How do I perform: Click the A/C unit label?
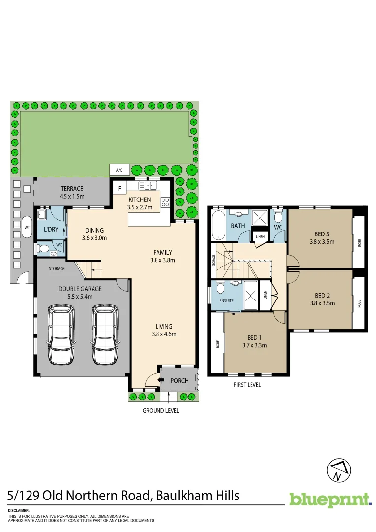click(x=119, y=170)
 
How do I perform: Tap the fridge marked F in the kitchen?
click(x=119, y=188)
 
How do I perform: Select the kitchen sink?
click(x=148, y=186)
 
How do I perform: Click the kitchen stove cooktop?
click(x=165, y=201)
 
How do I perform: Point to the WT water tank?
click(x=27, y=227)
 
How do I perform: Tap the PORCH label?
click(x=179, y=380)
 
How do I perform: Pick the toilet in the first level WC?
click(x=278, y=217)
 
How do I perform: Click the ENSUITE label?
click(x=226, y=300)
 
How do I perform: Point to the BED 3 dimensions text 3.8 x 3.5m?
click(x=322, y=242)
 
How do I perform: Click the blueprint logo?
click(x=330, y=499)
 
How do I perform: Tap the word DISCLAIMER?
click(x=19, y=511)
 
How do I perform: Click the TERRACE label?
click(x=72, y=189)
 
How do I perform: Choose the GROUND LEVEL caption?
click(x=161, y=410)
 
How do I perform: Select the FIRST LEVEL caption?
click(x=247, y=385)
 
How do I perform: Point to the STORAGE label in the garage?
click(x=57, y=269)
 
